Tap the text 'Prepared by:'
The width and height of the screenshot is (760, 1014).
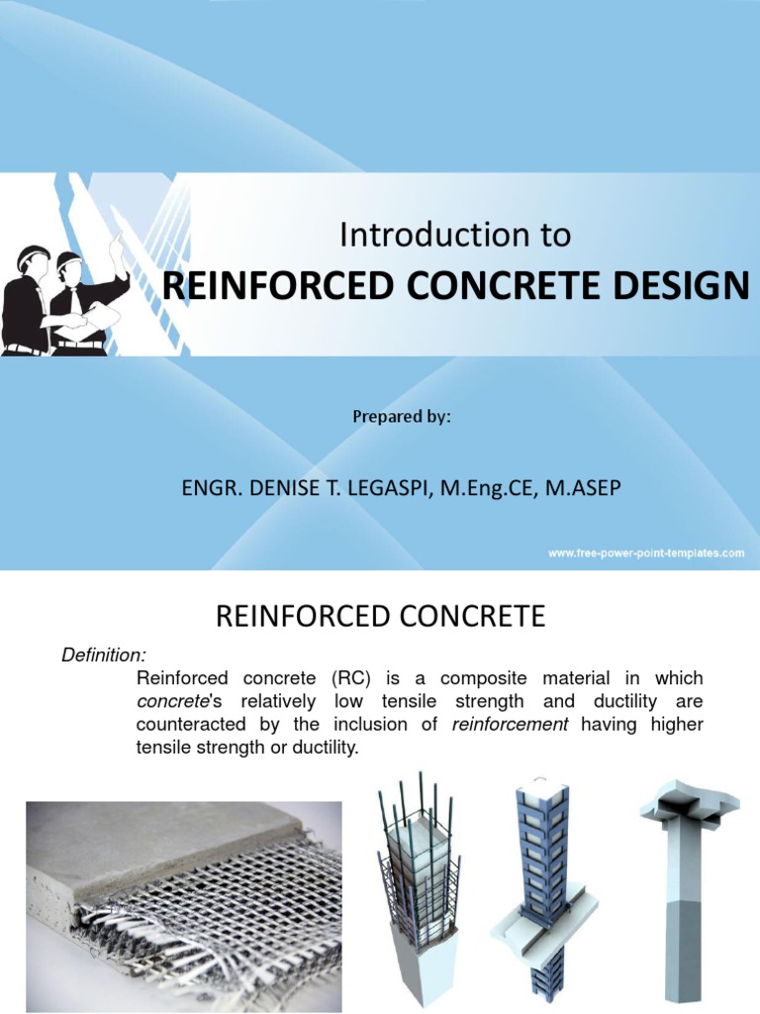coord(402,417)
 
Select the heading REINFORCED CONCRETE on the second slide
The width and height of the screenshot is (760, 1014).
coord(380,618)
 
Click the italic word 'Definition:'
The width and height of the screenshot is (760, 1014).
coord(104,655)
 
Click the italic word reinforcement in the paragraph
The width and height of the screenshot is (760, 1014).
coord(510,725)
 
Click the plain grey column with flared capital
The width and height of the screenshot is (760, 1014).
coord(683,881)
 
